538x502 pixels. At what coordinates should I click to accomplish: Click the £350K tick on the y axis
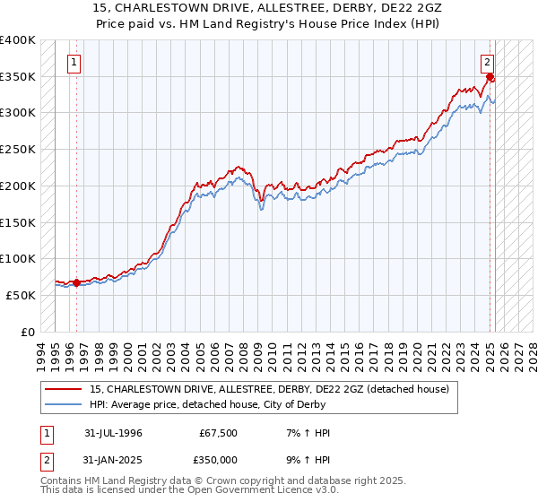(x=18, y=76)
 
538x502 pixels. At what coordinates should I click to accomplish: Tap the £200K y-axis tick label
(x=18, y=186)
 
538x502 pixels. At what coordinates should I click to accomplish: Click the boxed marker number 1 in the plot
(x=73, y=63)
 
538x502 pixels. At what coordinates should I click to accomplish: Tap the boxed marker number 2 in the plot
(x=487, y=63)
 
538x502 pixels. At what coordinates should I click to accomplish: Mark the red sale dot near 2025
(x=490, y=77)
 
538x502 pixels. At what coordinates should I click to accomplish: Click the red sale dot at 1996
(x=76, y=282)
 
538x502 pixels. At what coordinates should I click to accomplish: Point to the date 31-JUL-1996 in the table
(x=113, y=433)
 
